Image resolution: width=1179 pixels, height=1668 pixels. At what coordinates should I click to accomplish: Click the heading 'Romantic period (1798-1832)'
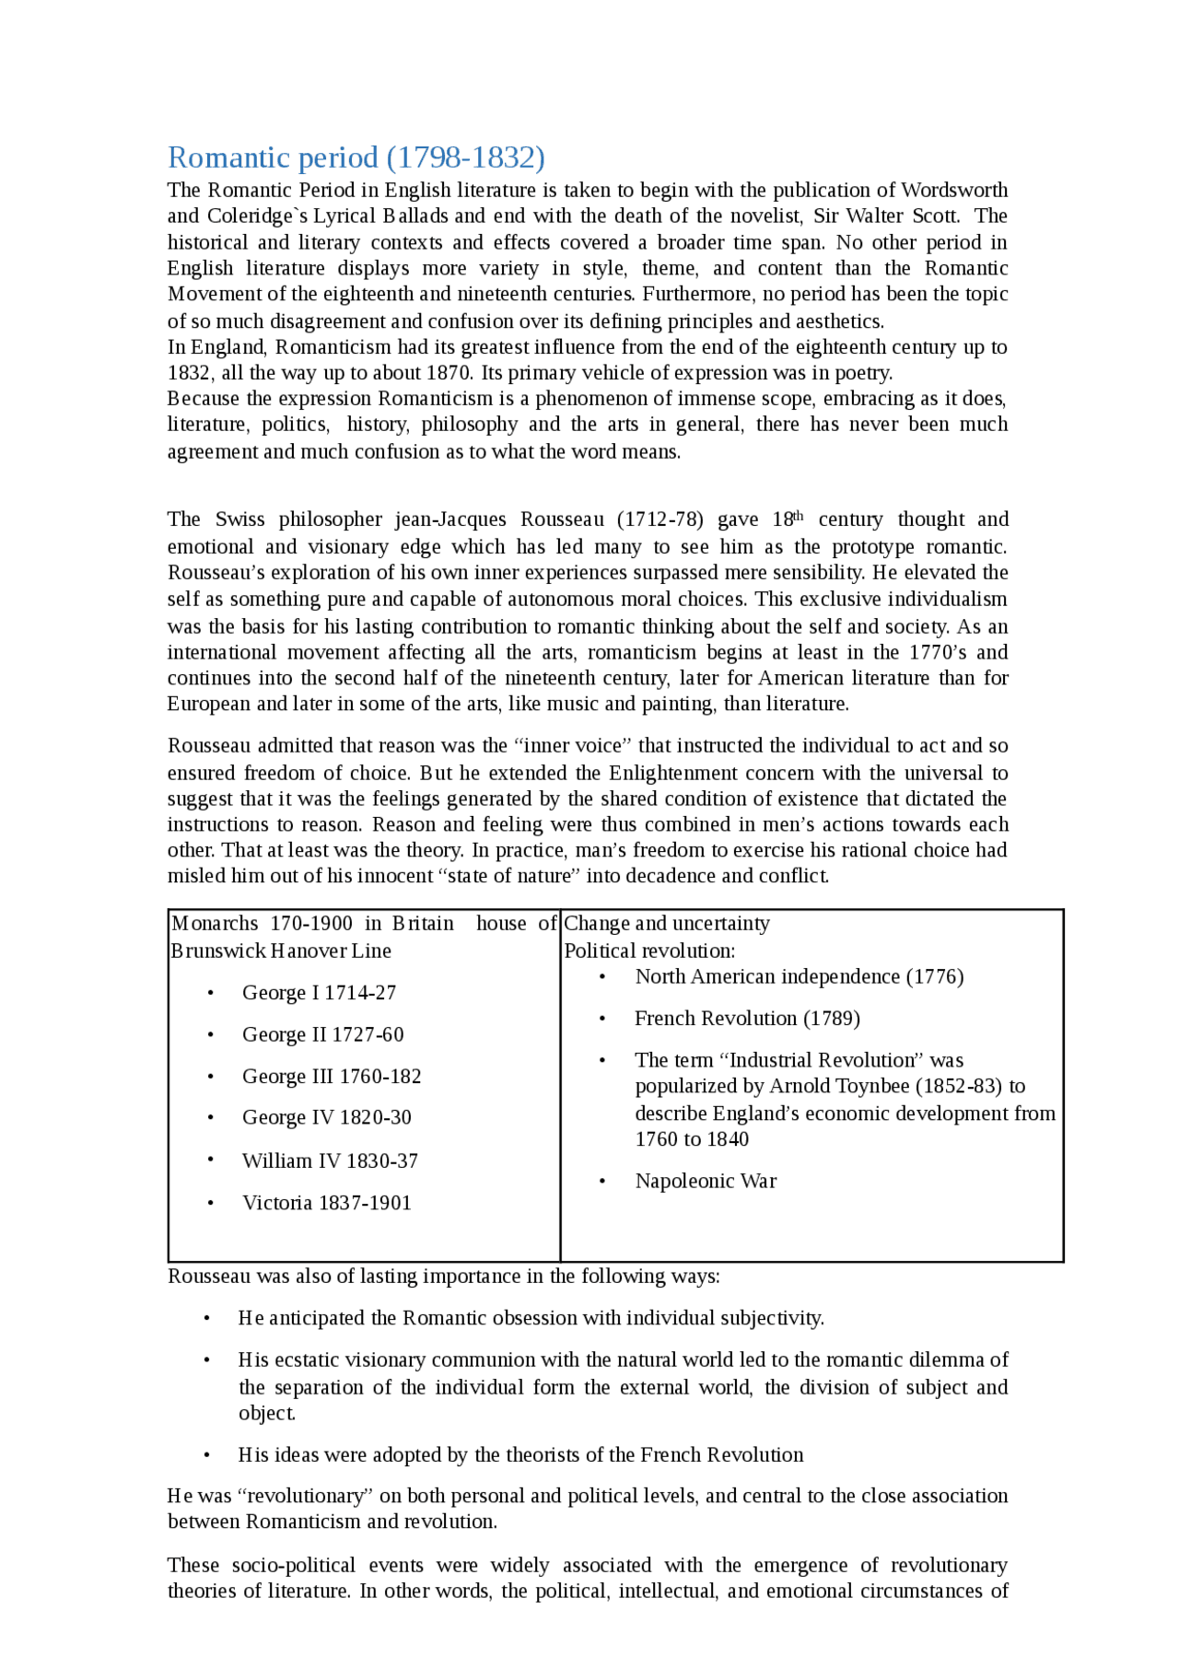356,157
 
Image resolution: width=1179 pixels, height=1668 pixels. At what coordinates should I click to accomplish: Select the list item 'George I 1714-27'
319,993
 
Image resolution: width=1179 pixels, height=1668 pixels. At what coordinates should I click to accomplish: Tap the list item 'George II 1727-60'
322,1034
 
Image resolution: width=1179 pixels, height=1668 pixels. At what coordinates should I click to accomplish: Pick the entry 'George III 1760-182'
332,1076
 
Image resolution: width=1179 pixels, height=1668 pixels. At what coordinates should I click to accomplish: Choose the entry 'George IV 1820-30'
326,1117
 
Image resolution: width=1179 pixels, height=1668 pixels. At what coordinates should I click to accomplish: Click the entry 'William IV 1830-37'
330,1161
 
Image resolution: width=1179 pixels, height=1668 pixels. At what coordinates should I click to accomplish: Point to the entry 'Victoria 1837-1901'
326,1203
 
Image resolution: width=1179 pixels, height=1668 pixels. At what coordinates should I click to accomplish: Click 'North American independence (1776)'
799,976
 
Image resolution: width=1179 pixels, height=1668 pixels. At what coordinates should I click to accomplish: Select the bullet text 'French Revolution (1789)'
747,1019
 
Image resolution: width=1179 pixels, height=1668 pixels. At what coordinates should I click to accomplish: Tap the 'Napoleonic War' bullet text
706,1181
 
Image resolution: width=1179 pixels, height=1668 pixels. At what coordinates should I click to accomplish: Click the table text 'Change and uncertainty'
666,924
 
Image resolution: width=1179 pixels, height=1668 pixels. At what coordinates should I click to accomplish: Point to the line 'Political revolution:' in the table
649,951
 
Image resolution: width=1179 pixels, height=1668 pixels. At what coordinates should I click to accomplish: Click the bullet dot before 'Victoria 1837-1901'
211,1203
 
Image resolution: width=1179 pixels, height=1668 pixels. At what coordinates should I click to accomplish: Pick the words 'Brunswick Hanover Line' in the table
281,951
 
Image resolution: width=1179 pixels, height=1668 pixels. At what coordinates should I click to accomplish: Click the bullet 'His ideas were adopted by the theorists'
520,1455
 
